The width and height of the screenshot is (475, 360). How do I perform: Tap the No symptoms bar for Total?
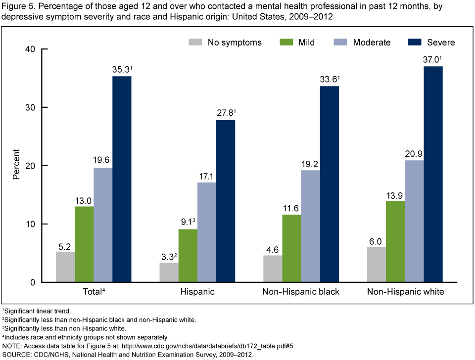click(x=65, y=267)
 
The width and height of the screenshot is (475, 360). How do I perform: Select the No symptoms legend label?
click(x=235, y=42)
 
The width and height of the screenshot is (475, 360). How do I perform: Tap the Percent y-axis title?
click(x=16, y=166)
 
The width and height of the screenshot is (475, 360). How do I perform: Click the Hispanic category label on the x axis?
click(x=197, y=292)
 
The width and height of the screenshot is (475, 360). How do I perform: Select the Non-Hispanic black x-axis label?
click(x=301, y=292)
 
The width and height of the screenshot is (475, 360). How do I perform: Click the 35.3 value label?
click(x=121, y=69)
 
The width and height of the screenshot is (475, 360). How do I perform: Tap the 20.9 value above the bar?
click(x=414, y=153)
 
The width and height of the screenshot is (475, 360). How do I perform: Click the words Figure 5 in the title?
click(x=18, y=5)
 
